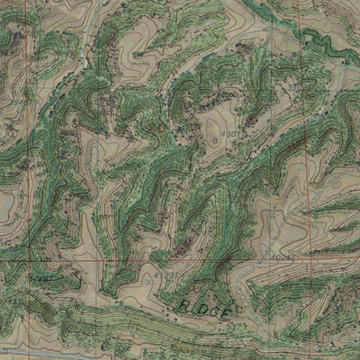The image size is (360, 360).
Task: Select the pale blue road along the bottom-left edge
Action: coord(27,352)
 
